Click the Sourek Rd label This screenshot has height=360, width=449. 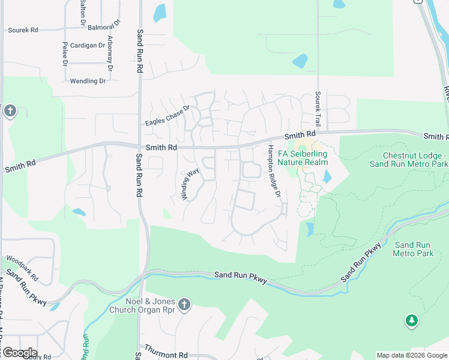pos(23,29)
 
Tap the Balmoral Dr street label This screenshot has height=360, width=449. pos(104,27)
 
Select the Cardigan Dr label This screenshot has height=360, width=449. pos(88,45)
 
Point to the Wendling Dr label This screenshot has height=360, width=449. pos(88,81)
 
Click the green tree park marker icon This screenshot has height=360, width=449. pos(412,321)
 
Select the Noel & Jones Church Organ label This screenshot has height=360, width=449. pos(142,305)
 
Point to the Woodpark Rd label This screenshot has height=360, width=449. pos(22,269)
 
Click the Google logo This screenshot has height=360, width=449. pos(19,353)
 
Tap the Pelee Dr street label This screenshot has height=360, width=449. pos(64,54)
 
